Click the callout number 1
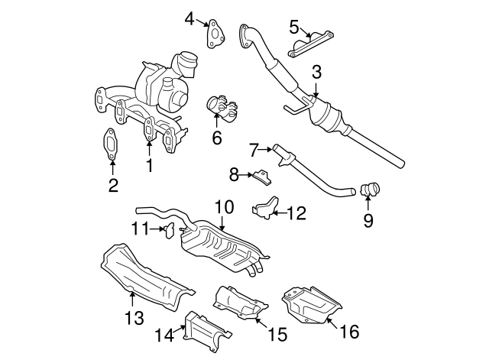pyautogui.click(x=149, y=164)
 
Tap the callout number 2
pyautogui.click(x=112, y=184)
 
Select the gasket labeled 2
pyautogui.click(x=111, y=144)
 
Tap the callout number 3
pyautogui.click(x=316, y=73)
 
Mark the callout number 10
pyautogui.click(x=222, y=206)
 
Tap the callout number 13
pyautogui.click(x=134, y=317)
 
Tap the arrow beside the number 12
pyautogui.click(x=279, y=212)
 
